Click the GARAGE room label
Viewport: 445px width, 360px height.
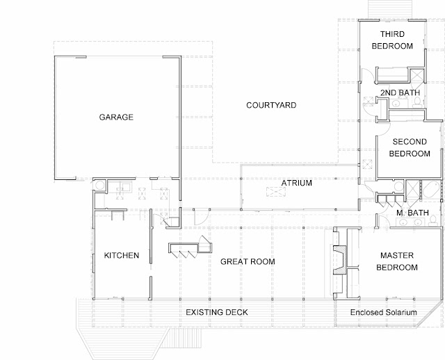click(x=116, y=117)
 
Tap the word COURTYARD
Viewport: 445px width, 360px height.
click(x=271, y=105)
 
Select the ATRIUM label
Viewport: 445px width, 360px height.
click(x=297, y=183)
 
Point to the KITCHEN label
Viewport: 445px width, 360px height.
click(x=122, y=255)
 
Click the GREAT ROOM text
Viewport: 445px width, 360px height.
click(x=248, y=261)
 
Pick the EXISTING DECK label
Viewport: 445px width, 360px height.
click(x=217, y=312)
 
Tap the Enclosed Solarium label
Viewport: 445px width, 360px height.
click(x=384, y=312)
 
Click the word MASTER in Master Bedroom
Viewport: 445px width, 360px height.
click(x=397, y=255)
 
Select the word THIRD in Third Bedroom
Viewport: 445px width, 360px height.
click(x=392, y=34)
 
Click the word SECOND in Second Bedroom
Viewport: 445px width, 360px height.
click(x=410, y=142)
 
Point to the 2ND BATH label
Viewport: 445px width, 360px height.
click(x=400, y=92)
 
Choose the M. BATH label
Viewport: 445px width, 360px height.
click(x=412, y=213)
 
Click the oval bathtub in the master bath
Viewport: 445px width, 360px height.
click(x=431, y=190)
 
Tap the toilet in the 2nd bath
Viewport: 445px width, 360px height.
click(x=417, y=102)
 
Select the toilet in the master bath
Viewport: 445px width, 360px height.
click(x=432, y=221)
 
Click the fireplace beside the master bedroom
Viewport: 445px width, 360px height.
click(x=340, y=259)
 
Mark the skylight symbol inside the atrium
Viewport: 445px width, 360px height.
click(x=276, y=192)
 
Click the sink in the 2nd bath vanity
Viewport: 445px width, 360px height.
click(x=396, y=104)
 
